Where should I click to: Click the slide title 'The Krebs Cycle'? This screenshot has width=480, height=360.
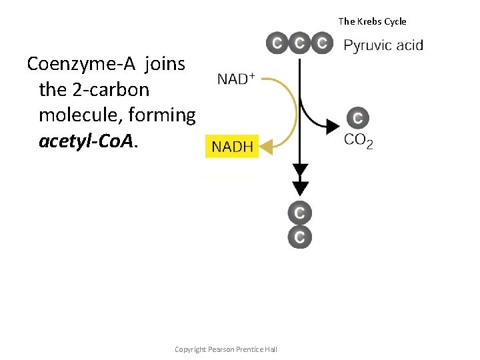(x=372, y=21)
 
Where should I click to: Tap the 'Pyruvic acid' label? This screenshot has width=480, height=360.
(x=383, y=45)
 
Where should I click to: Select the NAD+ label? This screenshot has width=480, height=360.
(x=236, y=79)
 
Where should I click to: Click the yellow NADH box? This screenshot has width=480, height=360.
(x=233, y=147)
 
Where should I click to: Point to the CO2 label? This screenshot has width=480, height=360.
(x=358, y=141)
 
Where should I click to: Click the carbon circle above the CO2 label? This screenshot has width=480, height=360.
(x=357, y=119)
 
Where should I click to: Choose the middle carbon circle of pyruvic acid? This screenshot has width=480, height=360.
(x=300, y=44)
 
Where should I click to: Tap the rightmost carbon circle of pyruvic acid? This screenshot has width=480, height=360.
(x=323, y=44)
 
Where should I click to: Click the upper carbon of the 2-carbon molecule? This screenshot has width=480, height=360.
(x=300, y=213)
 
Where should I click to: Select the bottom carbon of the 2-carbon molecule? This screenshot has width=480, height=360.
(x=300, y=237)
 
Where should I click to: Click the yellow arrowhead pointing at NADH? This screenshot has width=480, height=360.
(x=267, y=145)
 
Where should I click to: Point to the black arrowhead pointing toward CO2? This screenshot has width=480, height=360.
(x=331, y=124)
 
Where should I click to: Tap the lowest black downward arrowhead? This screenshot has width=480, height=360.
(x=300, y=187)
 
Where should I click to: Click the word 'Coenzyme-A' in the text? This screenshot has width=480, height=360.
(x=81, y=65)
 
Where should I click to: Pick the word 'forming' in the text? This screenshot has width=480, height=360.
(x=163, y=115)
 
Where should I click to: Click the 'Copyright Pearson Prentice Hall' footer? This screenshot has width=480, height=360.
(x=225, y=350)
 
